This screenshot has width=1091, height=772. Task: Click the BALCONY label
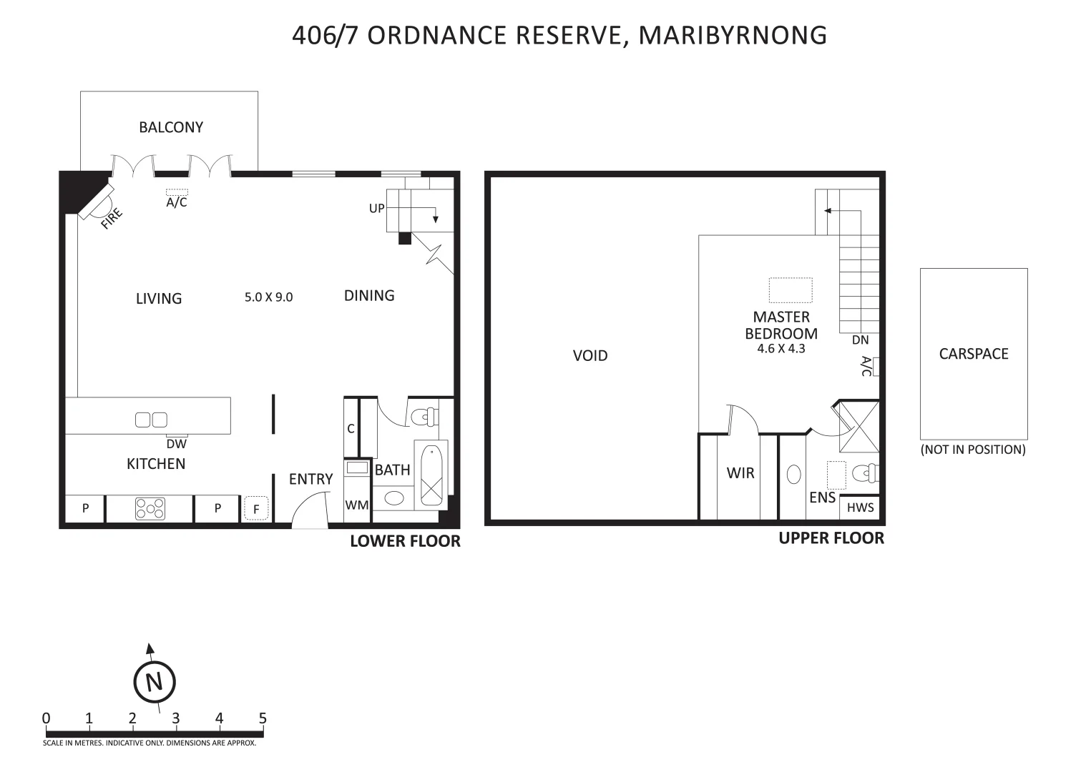(x=171, y=127)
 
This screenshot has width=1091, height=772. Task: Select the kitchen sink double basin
(x=151, y=420)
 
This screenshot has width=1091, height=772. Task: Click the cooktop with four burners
(x=150, y=508)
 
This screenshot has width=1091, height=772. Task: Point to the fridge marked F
(x=255, y=509)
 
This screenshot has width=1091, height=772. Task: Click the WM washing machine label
(x=357, y=505)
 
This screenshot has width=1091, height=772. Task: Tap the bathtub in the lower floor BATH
(x=431, y=475)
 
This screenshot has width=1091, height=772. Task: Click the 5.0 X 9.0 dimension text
(x=268, y=297)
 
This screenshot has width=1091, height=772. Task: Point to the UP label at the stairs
(x=376, y=209)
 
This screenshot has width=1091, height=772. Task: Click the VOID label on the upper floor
(x=590, y=355)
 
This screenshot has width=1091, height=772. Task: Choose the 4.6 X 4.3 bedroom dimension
(x=781, y=350)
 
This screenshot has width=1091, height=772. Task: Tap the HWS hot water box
(x=860, y=508)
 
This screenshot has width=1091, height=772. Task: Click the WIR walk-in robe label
(x=740, y=472)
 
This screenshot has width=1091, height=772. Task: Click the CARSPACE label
(x=974, y=354)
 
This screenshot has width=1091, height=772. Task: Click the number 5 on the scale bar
(x=263, y=718)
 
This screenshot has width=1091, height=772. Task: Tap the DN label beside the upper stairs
(x=860, y=340)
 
